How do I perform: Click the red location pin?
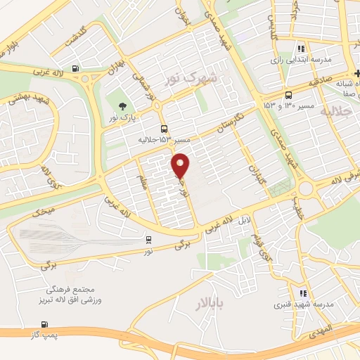click(x=181, y=165)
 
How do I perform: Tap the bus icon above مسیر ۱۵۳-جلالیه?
click(x=164, y=129)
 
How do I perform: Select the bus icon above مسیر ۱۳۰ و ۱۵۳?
click(x=288, y=96)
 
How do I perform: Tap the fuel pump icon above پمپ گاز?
click(x=46, y=324)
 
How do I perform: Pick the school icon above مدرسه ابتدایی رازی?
click(x=301, y=49)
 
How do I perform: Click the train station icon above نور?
click(x=148, y=240)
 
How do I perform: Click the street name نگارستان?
click(x=229, y=117)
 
